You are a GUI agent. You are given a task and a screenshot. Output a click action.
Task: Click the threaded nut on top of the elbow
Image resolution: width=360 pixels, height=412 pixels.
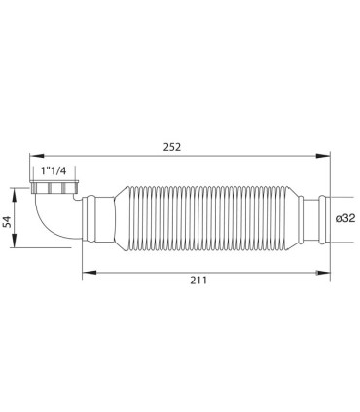[x=54, y=186]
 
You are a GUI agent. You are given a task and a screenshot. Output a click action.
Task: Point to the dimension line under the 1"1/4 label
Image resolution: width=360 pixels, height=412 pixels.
[x=54, y=177]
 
